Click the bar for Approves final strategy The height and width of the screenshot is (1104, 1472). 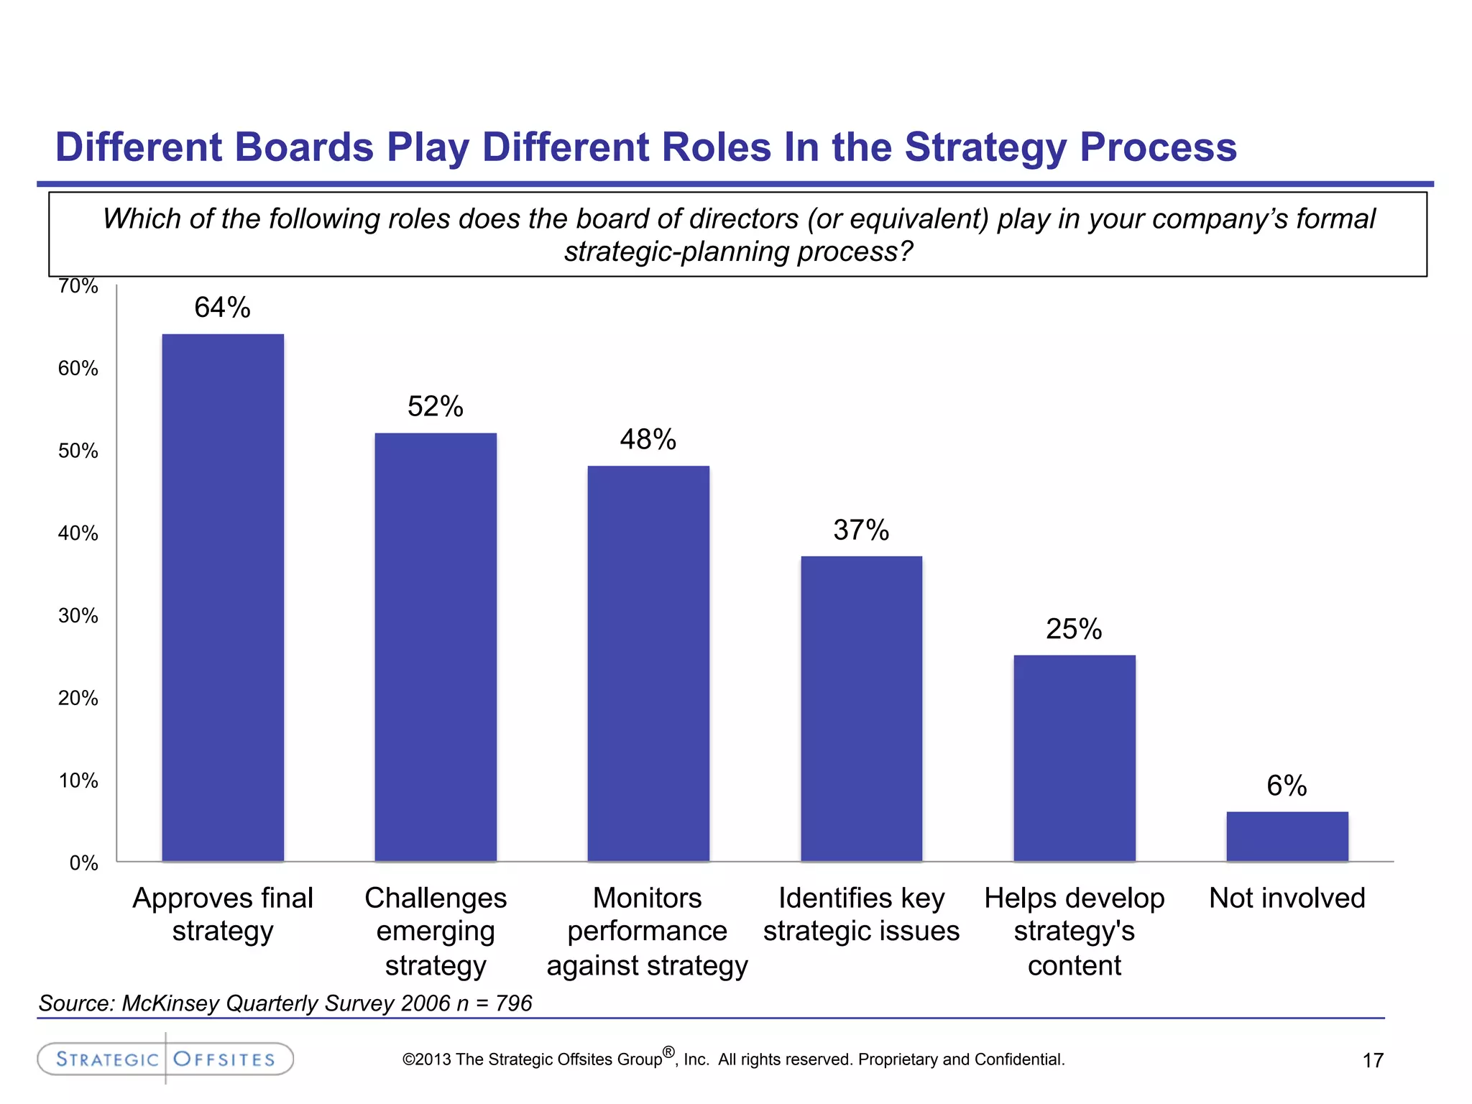[x=223, y=597]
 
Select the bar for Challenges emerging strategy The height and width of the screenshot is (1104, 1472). [x=436, y=647]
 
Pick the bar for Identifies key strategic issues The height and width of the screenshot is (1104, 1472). [x=861, y=708]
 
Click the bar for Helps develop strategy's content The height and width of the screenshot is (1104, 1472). [x=1075, y=758]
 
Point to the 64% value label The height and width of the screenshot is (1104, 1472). [x=222, y=308]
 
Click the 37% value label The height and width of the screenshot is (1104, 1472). [x=861, y=530]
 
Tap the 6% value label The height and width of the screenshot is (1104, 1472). [x=1287, y=786]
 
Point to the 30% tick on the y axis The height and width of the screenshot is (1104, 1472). [x=78, y=616]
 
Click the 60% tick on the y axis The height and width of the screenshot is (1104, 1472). [x=78, y=369]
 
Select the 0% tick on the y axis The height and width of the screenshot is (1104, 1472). [x=83, y=863]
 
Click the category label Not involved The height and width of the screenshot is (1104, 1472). [x=1287, y=898]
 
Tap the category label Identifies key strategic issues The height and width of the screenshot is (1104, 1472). [x=861, y=914]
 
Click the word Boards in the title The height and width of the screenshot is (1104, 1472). [x=304, y=147]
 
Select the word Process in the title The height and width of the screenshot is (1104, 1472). [x=1158, y=147]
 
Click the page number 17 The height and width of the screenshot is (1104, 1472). [x=1373, y=1060]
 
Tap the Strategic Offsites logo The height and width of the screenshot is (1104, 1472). [x=165, y=1059]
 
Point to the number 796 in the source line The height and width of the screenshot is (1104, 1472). [x=513, y=1003]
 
